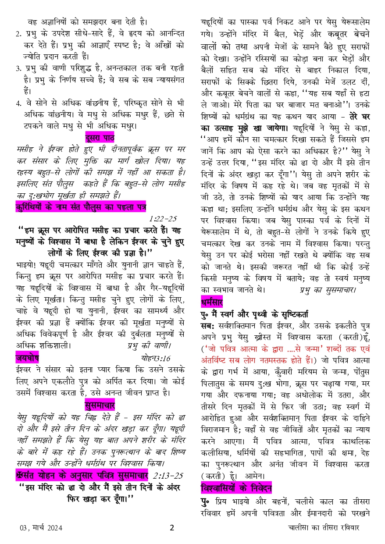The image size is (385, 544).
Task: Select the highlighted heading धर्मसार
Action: pyautogui.click(x=211, y=302)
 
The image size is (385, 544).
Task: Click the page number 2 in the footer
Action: pyautogui.click(x=172, y=528)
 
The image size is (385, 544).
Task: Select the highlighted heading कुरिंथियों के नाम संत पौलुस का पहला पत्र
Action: pyautogui.click(x=80, y=206)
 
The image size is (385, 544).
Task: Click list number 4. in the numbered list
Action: pyautogui.click(x=18, y=104)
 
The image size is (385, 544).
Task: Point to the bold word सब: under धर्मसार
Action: pyautogui.click(x=207, y=325)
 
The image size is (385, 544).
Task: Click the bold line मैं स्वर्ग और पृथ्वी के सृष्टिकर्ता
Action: pyautogui.click(x=257, y=314)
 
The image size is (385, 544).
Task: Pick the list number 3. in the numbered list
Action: pyautogui.click(x=18, y=69)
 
